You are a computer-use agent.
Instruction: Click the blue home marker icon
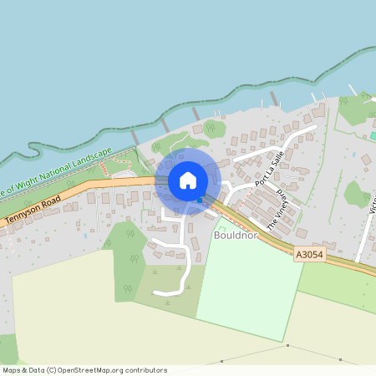188,180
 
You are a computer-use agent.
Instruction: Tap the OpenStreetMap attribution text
84,370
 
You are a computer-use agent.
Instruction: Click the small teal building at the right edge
373,135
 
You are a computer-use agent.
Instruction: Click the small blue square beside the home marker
199,200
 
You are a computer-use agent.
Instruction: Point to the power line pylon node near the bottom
287,346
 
